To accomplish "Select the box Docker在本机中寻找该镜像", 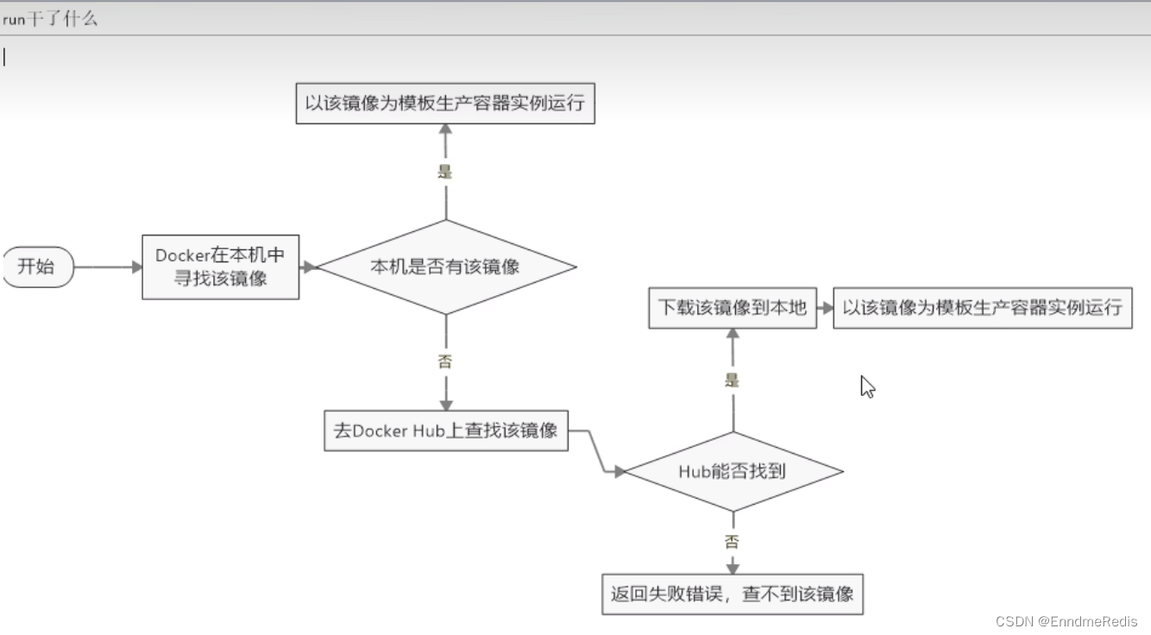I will pos(220,267).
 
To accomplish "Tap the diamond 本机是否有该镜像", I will pos(445,267).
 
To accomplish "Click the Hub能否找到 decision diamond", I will pos(733,471).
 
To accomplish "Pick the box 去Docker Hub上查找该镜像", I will pos(446,431).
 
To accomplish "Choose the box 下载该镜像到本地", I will pos(733,308).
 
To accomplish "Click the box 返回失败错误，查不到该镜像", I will pos(733,594).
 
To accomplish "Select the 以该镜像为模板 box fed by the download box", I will pos(982,308).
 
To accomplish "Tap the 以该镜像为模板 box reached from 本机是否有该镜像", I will pos(445,104).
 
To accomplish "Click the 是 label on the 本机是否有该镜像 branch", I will pos(445,171).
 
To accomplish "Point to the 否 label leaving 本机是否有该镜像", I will pos(445,362).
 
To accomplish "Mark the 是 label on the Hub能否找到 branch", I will pos(733,380).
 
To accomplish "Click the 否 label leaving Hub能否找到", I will pos(733,542).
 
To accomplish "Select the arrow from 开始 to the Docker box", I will pos(108,267).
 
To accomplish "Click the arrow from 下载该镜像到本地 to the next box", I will pos(825,308).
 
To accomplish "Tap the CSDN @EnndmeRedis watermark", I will pos(1066,621).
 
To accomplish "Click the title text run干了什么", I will pos(50,19).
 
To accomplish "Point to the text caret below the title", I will pos(4,57).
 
